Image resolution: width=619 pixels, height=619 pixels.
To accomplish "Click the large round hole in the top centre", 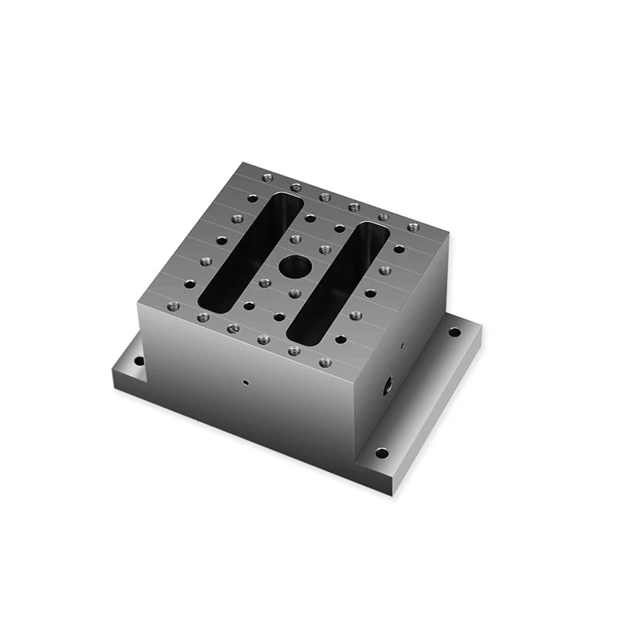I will point(294,268).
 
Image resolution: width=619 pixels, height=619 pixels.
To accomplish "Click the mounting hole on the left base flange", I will point(139,361).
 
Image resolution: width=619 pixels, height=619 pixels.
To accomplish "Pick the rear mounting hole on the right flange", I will point(454,332).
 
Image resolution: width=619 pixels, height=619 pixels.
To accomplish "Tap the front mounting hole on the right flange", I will point(381,453).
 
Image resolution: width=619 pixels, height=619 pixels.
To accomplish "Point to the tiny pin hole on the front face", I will point(245,381).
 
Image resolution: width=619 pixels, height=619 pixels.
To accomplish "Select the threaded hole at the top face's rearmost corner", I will point(268,177).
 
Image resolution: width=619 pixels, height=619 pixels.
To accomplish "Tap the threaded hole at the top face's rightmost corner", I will point(412,227).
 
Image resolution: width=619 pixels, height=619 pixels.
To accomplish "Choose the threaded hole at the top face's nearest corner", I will point(325,361).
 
